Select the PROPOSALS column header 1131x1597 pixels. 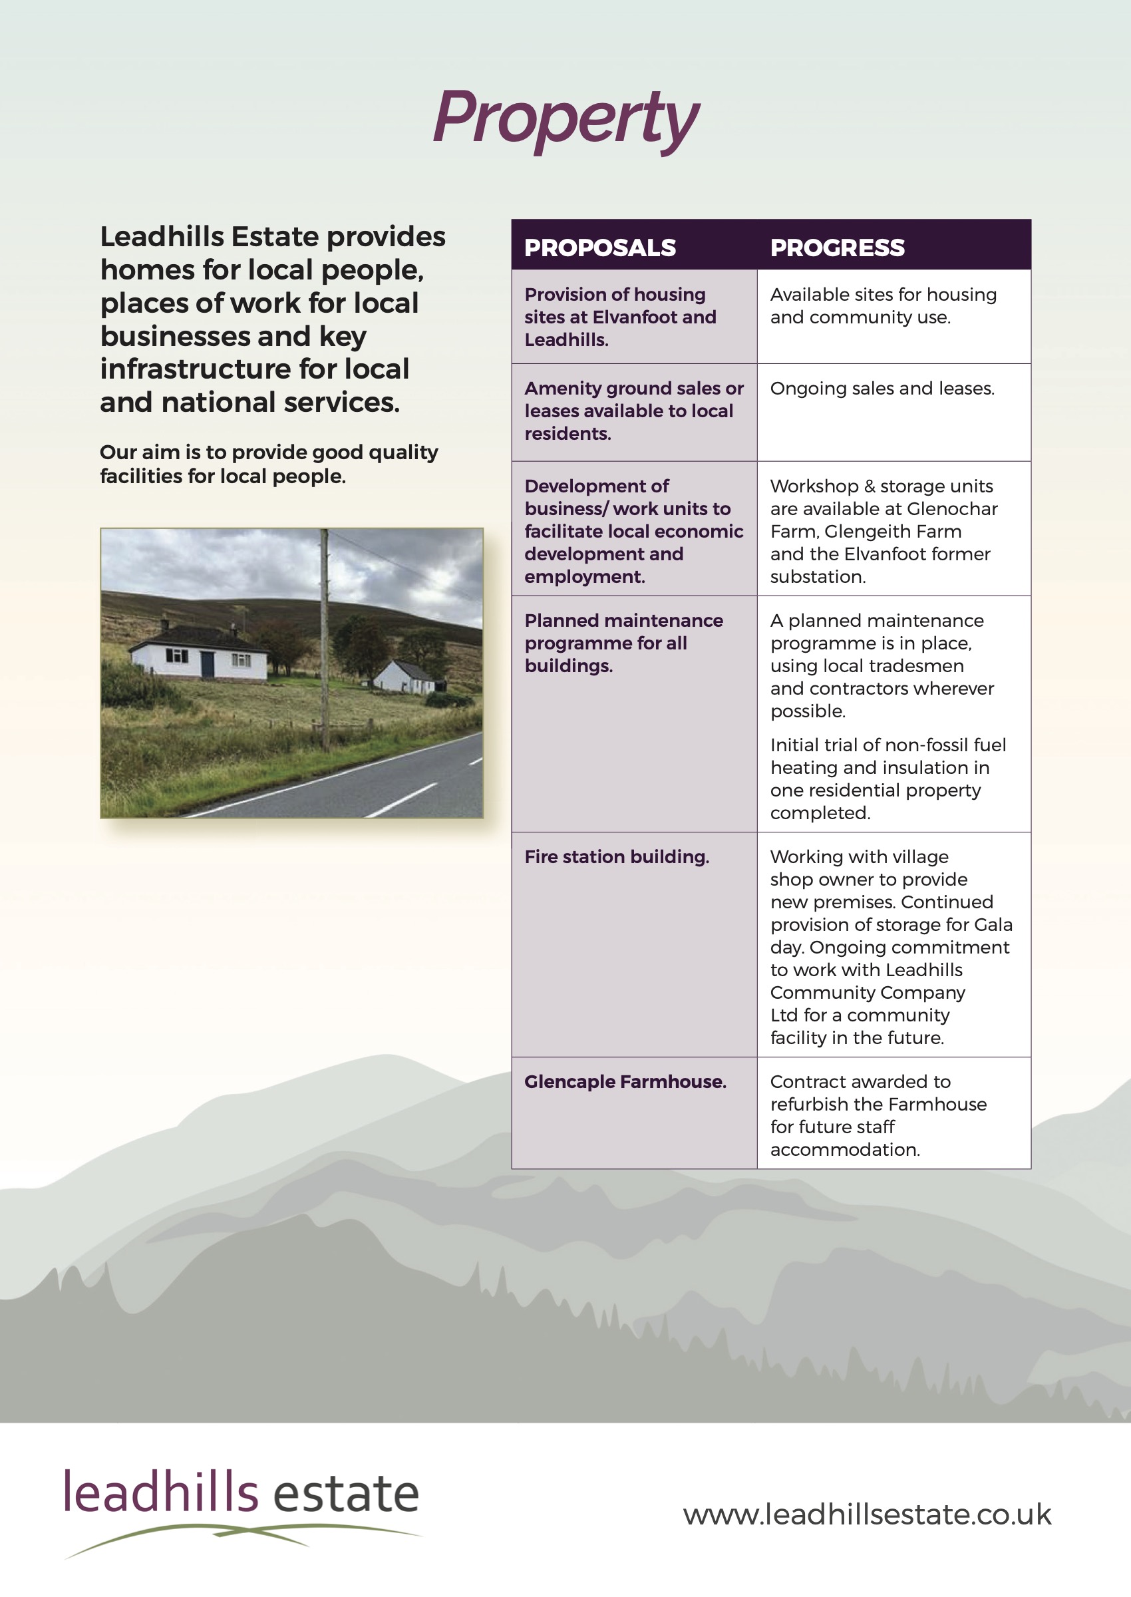click(599, 248)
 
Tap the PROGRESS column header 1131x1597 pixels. click(837, 248)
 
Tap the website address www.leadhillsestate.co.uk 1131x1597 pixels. click(866, 1514)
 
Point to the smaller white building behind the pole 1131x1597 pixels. click(405, 676)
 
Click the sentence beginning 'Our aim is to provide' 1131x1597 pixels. click(269, 464)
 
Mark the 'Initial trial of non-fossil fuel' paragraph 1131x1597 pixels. click(888, 779)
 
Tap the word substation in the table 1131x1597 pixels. click(817, 577)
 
